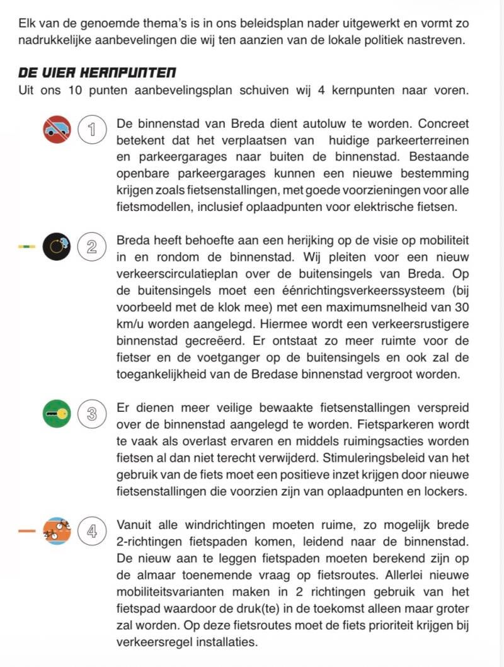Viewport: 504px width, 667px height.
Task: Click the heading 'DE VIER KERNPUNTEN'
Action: tap(98, 72)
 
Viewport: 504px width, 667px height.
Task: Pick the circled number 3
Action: tap(92, 414)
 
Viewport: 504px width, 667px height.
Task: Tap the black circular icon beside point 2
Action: tap(57, 246)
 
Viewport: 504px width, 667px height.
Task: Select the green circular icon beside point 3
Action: tap(57, 414)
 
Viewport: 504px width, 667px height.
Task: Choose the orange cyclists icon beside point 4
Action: tap(57, 530)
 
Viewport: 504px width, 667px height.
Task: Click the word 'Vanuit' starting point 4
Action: tap(135, 525)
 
